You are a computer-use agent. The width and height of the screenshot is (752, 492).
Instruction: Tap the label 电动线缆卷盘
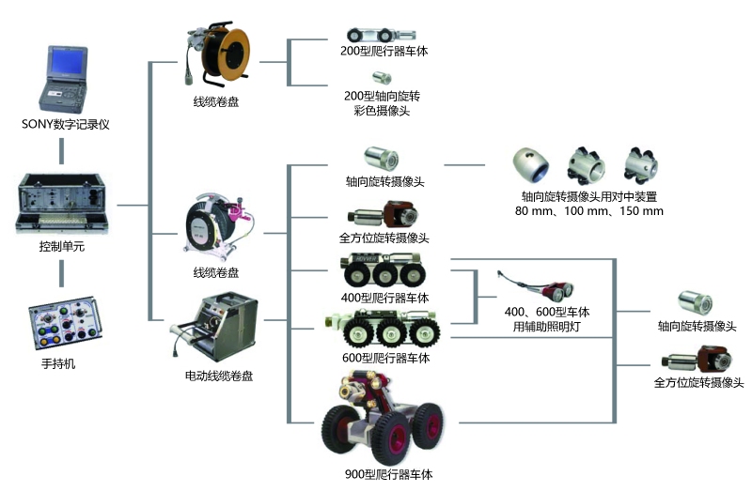[x=218, y=376]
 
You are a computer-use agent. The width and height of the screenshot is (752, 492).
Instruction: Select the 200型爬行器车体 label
[x=384, y=53]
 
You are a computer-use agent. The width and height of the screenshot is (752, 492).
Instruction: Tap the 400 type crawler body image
[x=385, y=272]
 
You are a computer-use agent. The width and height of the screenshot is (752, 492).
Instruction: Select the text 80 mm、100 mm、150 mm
[x=589, y=211]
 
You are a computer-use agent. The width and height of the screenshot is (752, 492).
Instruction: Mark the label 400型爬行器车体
[x=384, y=299]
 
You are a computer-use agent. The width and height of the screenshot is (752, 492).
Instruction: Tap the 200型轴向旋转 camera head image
[x=383, y=78]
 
